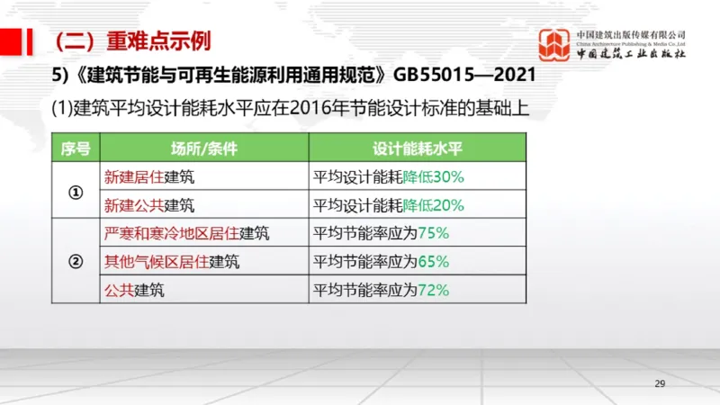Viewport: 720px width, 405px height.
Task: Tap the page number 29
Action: [x=660, y=384]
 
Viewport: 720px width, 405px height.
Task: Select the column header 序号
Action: [x=76, y=148]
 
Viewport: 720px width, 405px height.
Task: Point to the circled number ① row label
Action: [x=76, y=191]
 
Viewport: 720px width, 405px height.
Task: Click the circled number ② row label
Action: [x=76, y=262]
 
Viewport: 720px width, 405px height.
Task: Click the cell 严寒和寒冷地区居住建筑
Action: [x=186, y=234]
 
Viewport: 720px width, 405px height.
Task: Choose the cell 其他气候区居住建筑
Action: [x=172, y=262]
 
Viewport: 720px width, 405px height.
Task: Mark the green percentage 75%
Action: [x=433, y=234]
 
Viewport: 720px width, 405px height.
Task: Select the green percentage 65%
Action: [x=433, y=262]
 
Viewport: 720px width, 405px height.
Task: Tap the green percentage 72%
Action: [x=433, y=291]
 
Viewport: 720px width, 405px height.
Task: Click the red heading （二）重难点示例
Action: [x=132, y=41]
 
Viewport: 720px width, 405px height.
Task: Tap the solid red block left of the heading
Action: [x=12, y=41]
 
